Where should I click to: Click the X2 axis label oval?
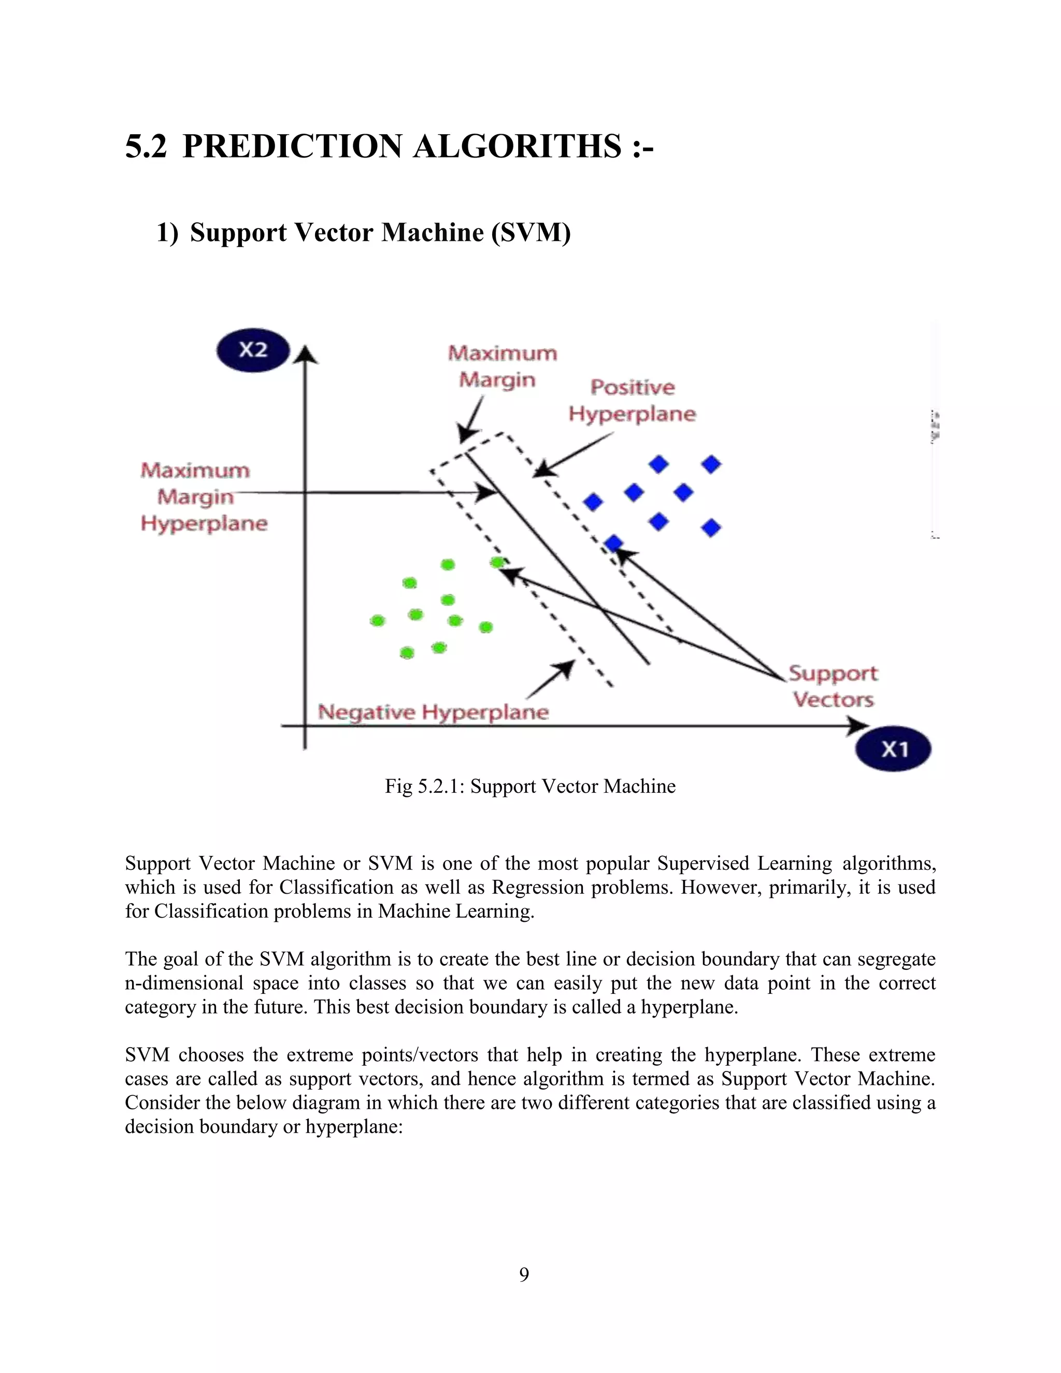(x=253, y=351)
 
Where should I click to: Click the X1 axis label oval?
(x=893, y=749)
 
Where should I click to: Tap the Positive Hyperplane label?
(x=633, y=401)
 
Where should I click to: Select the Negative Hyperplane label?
(x=433, y=712)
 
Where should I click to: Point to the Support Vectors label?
(x=833, y=686)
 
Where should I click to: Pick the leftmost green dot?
(x=377, y=621)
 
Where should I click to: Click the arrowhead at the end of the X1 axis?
(x=857, y=726)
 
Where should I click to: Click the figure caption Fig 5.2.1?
(x=530, y=786)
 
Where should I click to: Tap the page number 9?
(x=524, y=1275)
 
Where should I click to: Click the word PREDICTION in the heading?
(x=292, y=147)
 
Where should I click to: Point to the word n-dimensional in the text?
(x=183, y=982)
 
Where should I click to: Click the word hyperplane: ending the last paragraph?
(x=354, y=1126)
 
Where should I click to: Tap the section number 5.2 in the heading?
(x=146, y=147)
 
